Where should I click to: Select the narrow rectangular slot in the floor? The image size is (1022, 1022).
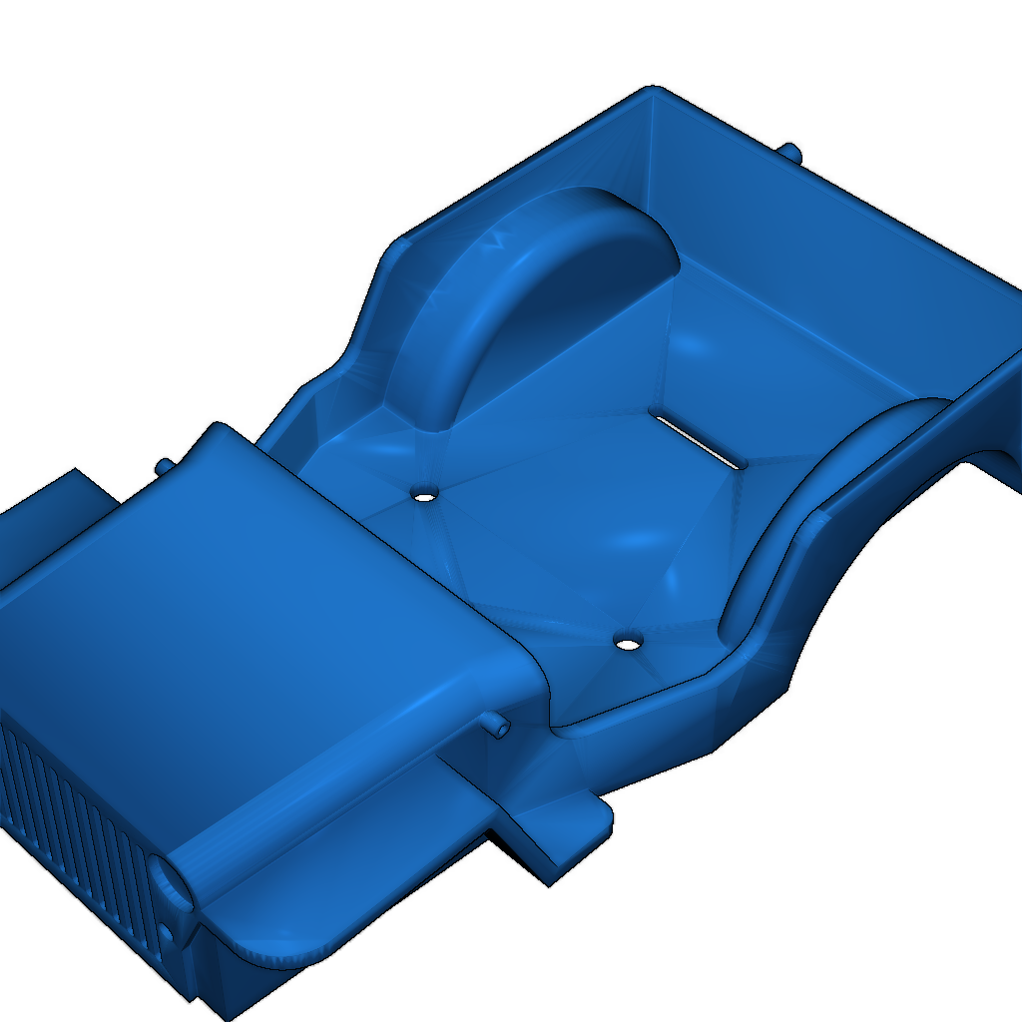pos(697,436)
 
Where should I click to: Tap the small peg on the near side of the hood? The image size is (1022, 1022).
pos(496,724)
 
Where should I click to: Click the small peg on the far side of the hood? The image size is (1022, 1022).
pos(163,465)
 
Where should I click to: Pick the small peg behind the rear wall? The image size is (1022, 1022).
pos(790,152)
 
